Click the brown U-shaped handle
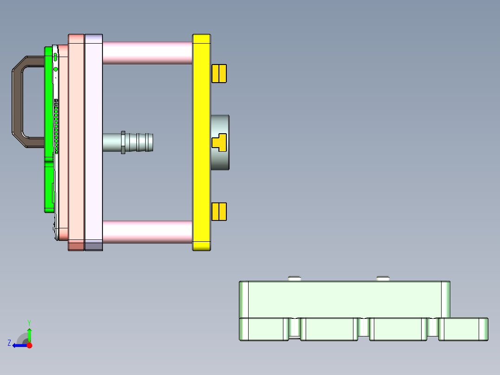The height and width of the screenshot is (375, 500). [17, 102]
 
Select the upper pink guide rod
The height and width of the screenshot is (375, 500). [147, 52]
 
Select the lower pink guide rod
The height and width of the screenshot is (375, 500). [147, 232]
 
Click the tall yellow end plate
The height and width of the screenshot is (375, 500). [201, 139]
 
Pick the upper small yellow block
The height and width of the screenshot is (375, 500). [219, 73]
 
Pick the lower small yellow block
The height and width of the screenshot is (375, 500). [219, 212]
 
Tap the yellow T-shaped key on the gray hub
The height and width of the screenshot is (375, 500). [219, 142]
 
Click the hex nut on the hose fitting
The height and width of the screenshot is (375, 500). [123, 142]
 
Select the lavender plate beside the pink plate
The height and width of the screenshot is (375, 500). [93, 139]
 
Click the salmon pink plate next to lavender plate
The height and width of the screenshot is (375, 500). [76, 139]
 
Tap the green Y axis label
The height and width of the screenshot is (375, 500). [29, 322]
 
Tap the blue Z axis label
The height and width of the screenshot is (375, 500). [9, 343]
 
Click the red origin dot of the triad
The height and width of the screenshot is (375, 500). [29, 345]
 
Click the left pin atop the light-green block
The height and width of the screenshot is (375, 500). [295, 278]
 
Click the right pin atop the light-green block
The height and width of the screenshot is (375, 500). [383, 278]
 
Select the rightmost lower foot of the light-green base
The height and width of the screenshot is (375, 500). [463, 329]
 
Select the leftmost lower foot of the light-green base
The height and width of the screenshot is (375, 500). [263, 329]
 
